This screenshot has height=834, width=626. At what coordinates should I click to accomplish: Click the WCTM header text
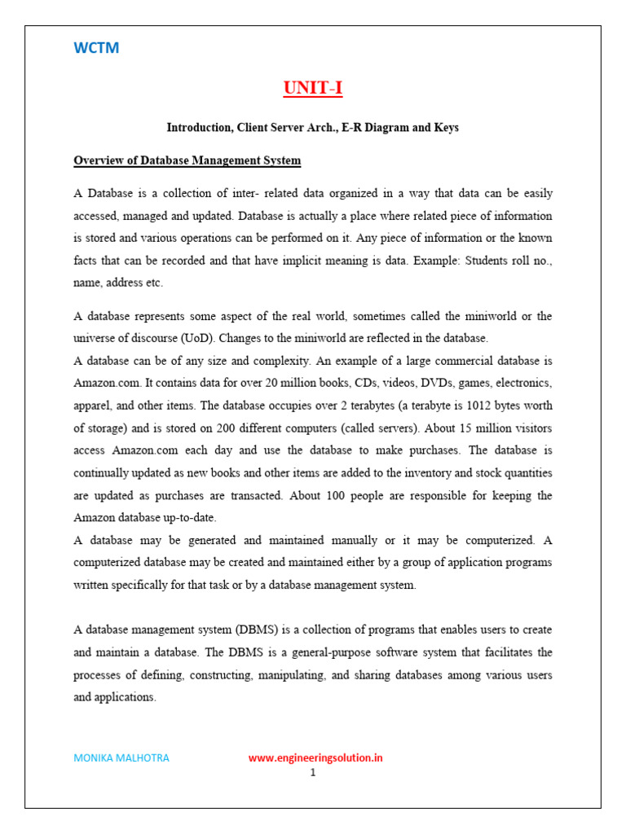click(x=96, y=48)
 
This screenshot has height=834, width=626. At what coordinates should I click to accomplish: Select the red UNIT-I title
click(x=313, y=88)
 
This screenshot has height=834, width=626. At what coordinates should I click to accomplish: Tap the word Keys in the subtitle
click(x=443, y=128)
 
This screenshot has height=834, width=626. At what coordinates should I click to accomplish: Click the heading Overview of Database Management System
click(x=187, y=161)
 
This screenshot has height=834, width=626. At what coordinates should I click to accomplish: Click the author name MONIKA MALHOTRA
click(x=121, y=758)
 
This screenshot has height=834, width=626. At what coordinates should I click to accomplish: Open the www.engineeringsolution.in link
click(x=315, y=758)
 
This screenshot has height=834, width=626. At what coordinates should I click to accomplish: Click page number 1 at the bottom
click(x=312, y=773)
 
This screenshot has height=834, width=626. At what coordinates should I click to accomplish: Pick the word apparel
click(x=94, y=405)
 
